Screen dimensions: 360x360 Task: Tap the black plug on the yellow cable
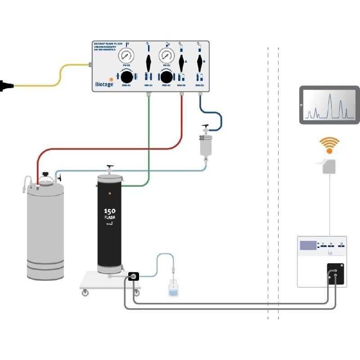coord(5,84)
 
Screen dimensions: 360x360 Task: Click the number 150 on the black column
coord(110,211)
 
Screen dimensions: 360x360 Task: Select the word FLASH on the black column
coord(110,218)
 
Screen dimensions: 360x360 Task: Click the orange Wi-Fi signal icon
coord(329,145)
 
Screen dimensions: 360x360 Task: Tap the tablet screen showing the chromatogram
coord(329,105)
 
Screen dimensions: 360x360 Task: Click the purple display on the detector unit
coord(309,246)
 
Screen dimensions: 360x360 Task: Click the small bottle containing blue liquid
coord(173,288)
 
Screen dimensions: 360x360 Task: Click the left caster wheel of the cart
coord(85,293)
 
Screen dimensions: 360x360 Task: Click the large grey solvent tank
coord(45,229)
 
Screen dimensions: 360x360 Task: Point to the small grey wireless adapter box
coord(329,166)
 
